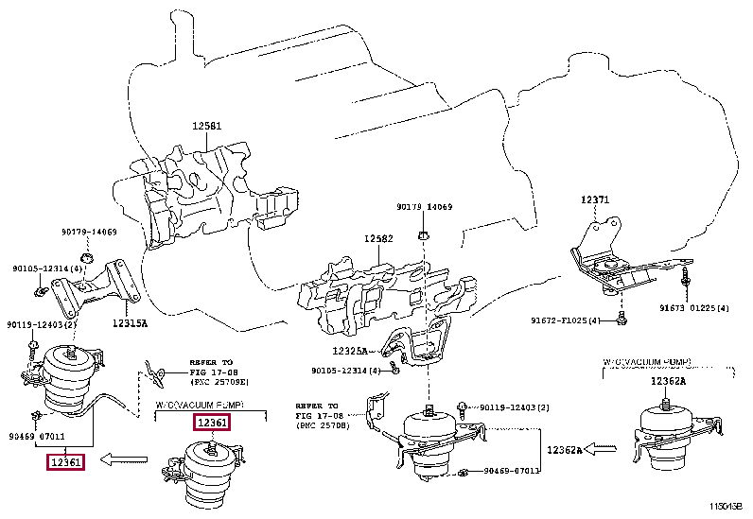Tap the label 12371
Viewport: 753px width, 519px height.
596,200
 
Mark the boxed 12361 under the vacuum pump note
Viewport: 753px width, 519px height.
211,423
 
